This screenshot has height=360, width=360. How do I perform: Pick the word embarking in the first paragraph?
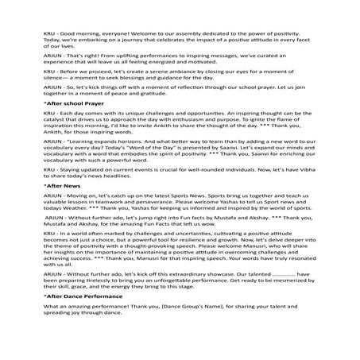pyautogui.click(x=88, y=42)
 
